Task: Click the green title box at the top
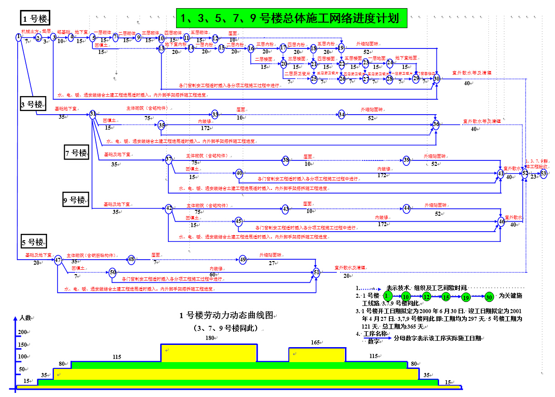click(290, 18)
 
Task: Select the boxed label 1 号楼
click(36, 19)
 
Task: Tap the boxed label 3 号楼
click(32, 105)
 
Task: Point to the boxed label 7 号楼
click(76, 153)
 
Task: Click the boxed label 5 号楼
click(33, 242)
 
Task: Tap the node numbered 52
click(525, 173)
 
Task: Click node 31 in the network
click(93, 114)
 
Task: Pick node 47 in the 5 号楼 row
click(58, 260)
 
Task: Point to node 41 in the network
click(501, 173)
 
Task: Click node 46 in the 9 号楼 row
click(501, 221)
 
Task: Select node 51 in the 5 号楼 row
click(316, 272)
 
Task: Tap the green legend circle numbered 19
click(466, 297)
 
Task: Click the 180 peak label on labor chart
click(209, 338)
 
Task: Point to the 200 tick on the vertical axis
click(22, 332)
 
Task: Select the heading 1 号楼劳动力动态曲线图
click(226, 315)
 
